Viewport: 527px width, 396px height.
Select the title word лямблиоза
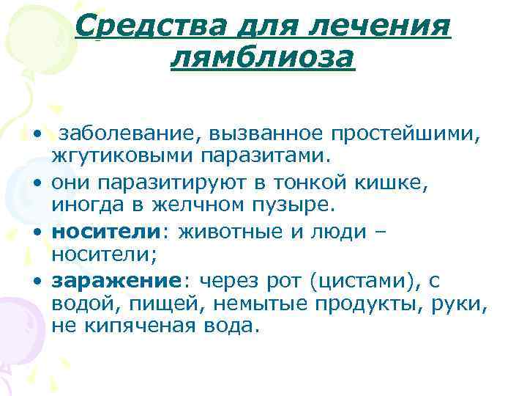(x=262, y=56)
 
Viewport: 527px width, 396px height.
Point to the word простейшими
(x=394, y=134)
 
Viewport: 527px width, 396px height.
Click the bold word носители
(x=105, y=232)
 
